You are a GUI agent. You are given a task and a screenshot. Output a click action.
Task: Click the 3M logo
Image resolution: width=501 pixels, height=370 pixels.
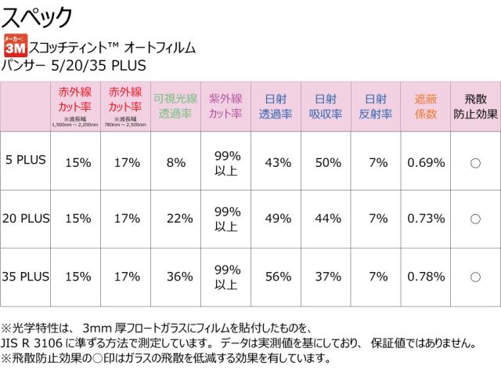[14, 45]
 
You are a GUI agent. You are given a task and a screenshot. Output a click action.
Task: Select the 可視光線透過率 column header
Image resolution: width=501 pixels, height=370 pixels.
[174, 107]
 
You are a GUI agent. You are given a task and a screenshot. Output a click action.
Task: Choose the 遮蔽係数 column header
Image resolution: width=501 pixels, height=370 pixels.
[427, 107]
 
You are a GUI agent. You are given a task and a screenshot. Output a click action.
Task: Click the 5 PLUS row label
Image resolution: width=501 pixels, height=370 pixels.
[25, 159]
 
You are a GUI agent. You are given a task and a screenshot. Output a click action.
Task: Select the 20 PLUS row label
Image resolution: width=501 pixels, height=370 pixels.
[25, 217]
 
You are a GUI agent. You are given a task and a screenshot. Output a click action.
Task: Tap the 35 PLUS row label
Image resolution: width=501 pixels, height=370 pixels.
[25, 275]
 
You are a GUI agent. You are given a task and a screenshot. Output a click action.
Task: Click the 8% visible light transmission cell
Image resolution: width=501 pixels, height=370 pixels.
[175, 163]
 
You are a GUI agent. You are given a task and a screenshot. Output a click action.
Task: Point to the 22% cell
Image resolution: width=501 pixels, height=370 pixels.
[179, 219]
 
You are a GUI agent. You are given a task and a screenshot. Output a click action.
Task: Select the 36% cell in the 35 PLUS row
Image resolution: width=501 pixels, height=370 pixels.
[179, 277]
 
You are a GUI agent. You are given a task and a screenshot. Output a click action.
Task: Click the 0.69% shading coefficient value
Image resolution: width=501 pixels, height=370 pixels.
[426, 163]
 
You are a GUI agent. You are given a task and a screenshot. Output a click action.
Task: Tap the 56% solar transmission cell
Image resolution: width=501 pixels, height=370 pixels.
[278, 277]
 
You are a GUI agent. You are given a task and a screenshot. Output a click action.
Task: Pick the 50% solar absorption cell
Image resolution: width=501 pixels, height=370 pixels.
[328, 163]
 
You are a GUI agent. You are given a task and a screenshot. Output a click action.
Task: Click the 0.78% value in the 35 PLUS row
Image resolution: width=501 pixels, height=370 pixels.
[426, 277]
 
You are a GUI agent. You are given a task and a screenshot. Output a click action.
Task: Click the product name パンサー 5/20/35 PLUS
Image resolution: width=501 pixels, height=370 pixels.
[74, 65]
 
